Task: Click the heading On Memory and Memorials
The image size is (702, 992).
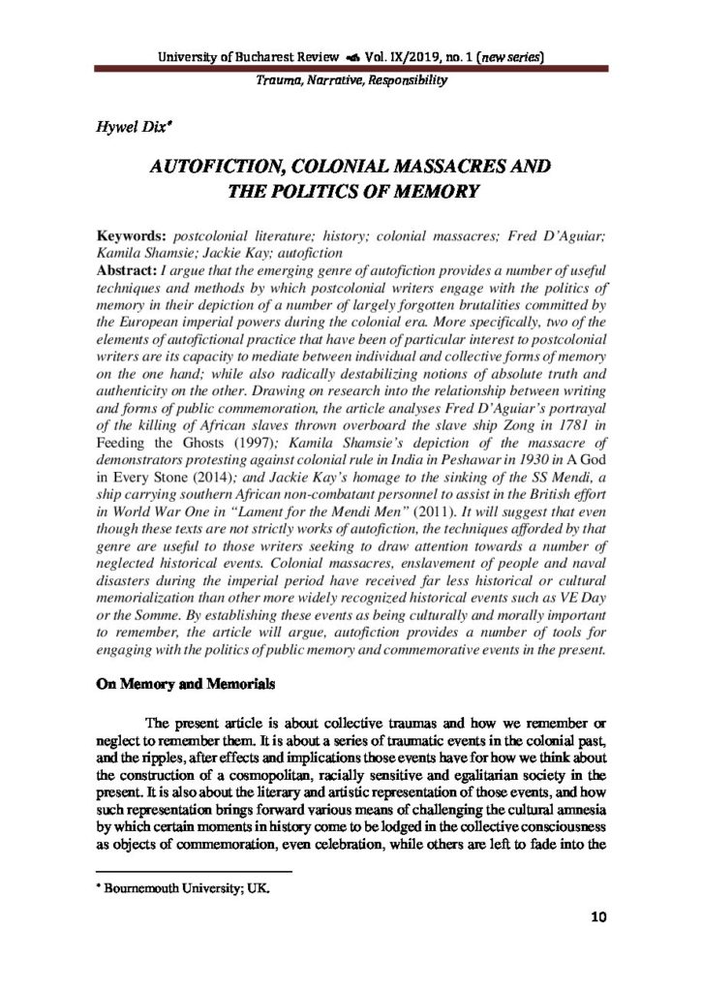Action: click(185, 683)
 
